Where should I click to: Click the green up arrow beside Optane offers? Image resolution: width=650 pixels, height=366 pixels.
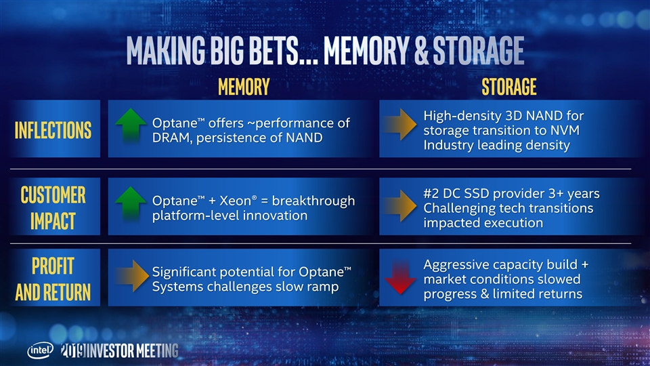click(131, 125)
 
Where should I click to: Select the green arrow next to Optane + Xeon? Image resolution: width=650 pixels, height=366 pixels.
click(131, 203)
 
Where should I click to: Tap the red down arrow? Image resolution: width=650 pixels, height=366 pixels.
click(400, 277)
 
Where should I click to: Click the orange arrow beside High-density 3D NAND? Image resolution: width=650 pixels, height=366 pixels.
click(399, 124)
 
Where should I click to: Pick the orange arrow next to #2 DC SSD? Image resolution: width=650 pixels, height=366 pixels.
click(399, 205)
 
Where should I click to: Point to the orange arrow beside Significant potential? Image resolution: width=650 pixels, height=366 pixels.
click(132, 276)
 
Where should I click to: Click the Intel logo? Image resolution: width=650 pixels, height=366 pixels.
click(40, 350)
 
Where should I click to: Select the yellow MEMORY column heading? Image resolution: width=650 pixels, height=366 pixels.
click(244, 87)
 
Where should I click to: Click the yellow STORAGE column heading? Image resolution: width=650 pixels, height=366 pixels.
click(509, 87)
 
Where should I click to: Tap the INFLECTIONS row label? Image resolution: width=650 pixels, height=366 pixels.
click(53, 130)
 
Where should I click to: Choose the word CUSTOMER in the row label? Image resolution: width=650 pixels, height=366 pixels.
click(53, 195)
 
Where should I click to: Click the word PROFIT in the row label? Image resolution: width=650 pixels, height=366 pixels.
click(53, 266)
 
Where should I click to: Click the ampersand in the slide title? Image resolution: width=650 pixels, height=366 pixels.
click(420, 51)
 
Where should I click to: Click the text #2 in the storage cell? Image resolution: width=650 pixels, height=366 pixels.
click(431, 193)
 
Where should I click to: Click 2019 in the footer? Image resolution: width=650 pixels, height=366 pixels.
click(73, 350)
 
